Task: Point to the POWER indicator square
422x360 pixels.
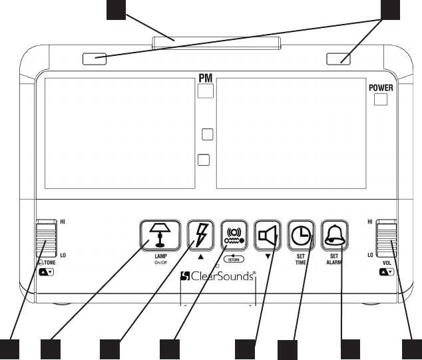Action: (x=380, y=100)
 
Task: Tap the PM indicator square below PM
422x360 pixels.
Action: (x=206, y=92)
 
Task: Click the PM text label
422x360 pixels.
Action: (x=206, y=79)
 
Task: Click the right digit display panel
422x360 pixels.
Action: (x=290, y=131)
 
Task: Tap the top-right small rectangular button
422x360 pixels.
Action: (x=339, y=59)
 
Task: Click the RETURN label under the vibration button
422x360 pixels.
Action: (x=234, y=259)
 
